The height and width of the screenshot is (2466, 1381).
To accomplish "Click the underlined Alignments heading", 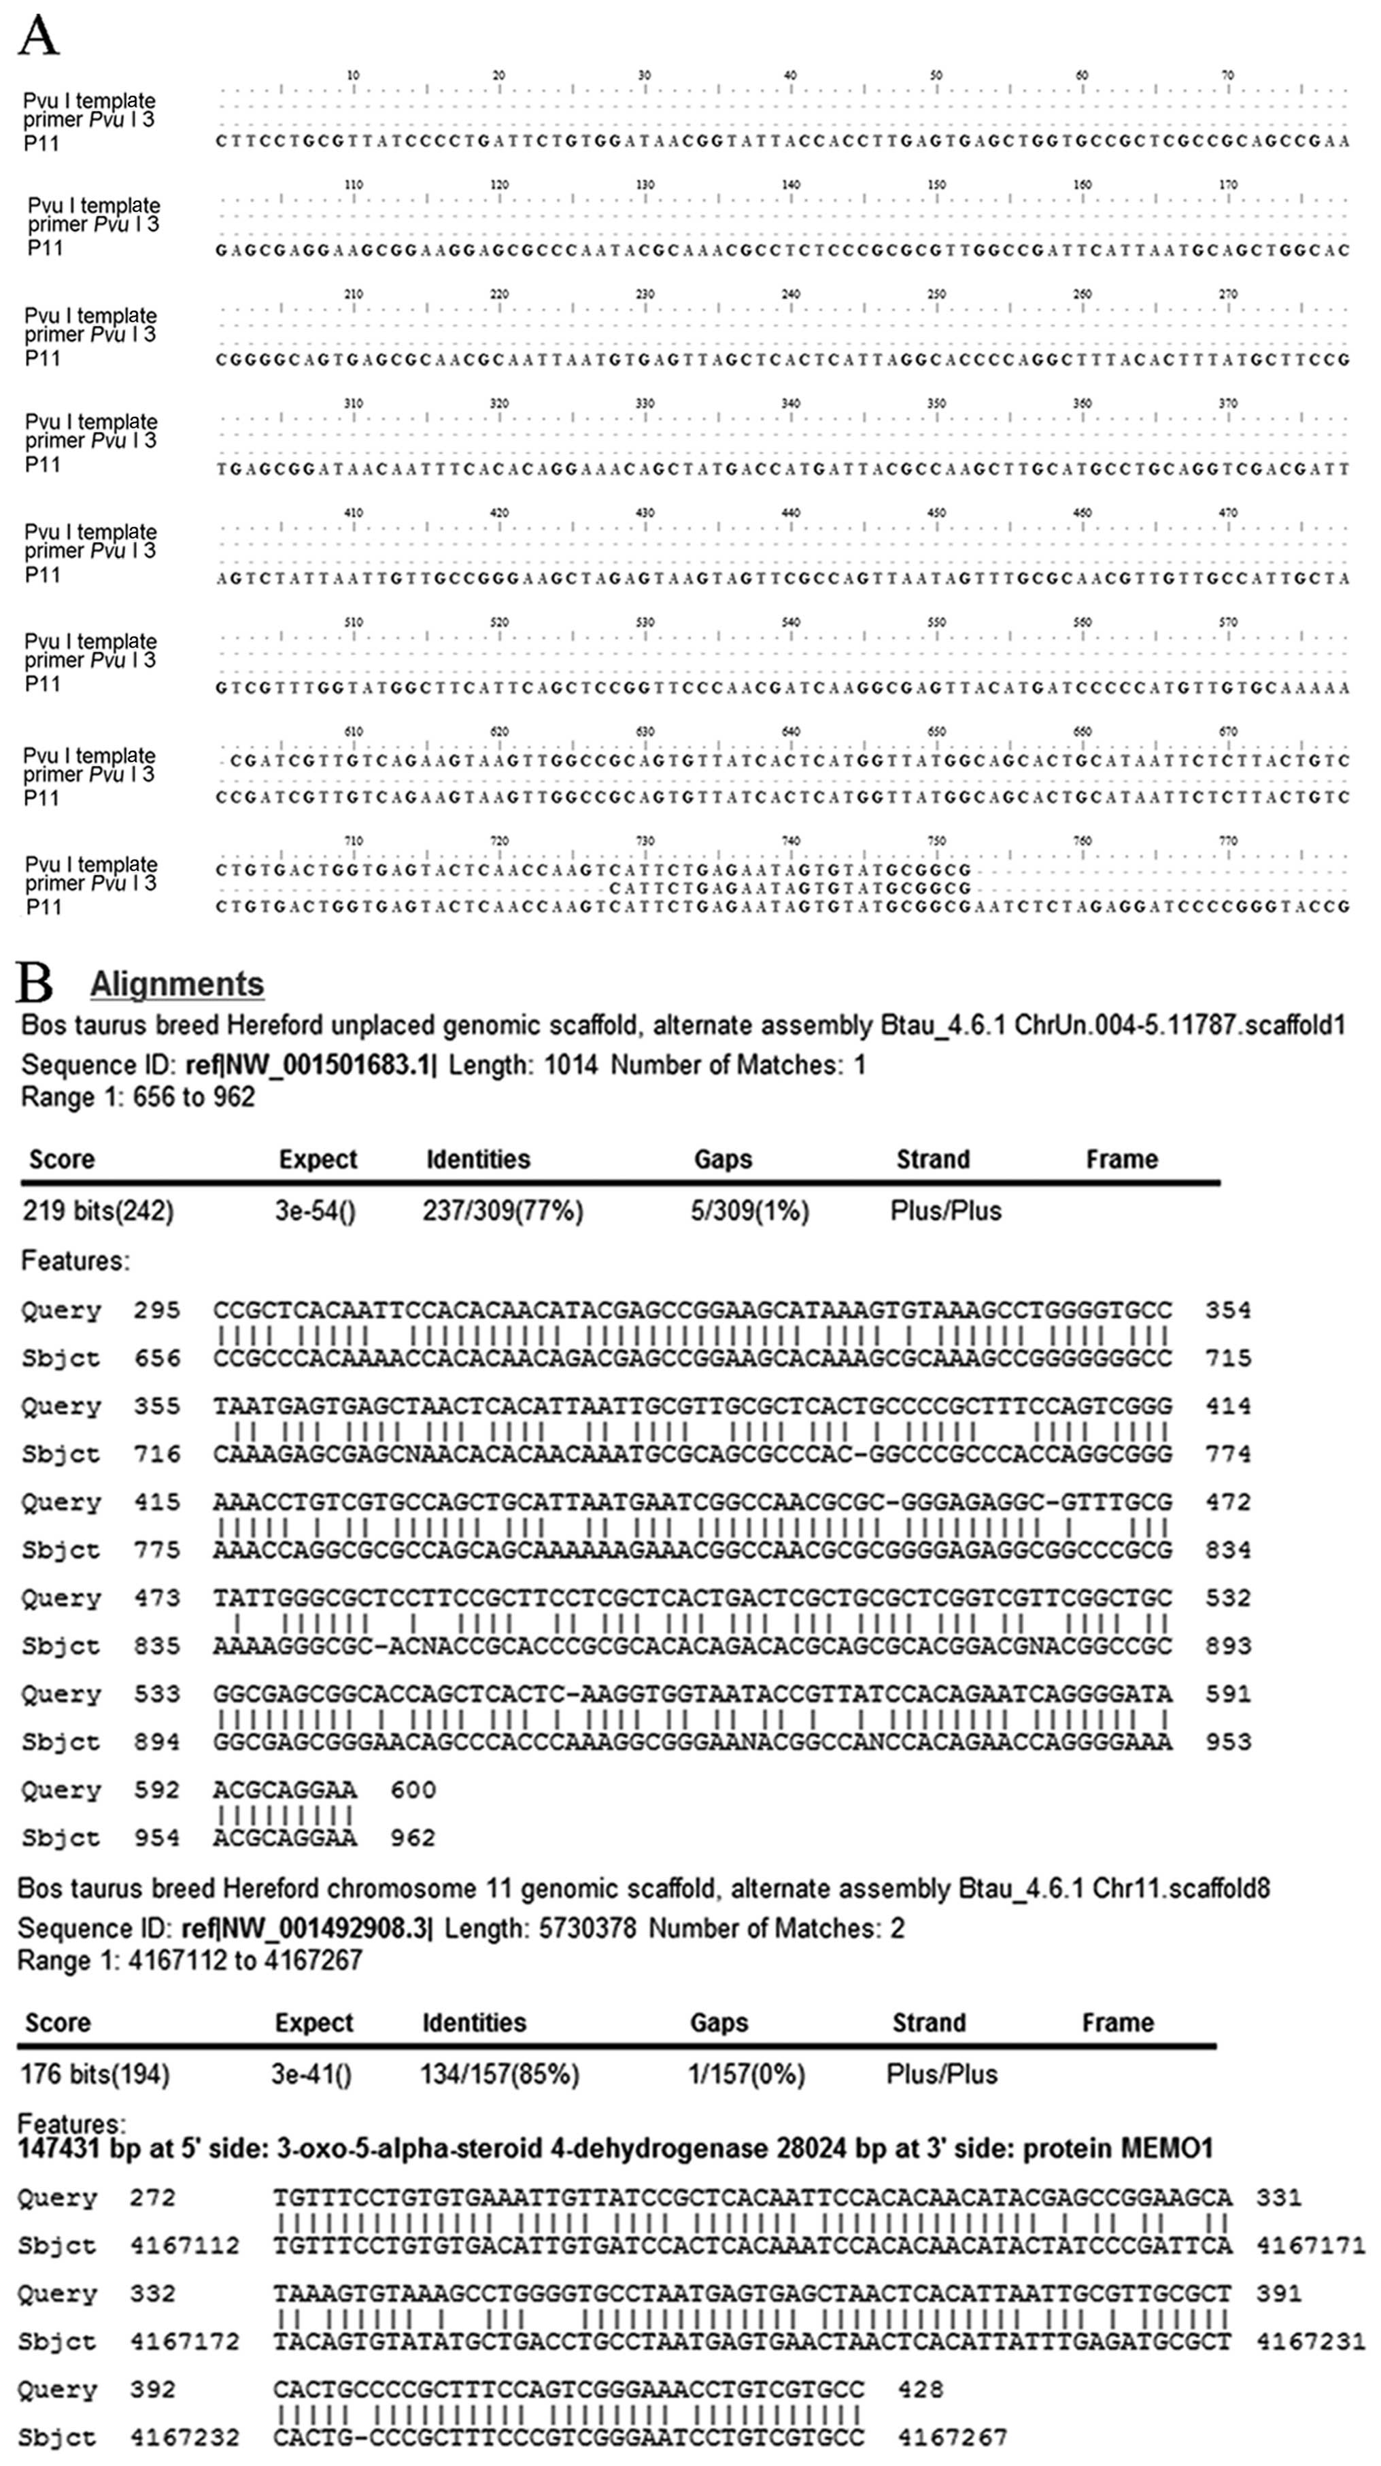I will click(177, 984).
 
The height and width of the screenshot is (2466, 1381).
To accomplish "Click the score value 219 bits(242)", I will click(99, 1211).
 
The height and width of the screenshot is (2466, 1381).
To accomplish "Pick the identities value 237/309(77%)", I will click(502, 1211).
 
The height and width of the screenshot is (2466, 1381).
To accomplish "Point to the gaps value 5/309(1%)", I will click(749, 1211).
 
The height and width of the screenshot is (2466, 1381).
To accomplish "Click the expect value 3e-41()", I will click(313, 2074).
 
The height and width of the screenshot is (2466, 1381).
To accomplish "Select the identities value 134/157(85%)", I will click(500, 2074).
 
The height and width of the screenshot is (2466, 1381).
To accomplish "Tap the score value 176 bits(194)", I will click(95, 2074).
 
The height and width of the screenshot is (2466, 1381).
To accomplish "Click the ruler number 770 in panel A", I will click(1228, 841).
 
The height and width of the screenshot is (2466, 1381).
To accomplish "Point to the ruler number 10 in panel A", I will click(353, 75).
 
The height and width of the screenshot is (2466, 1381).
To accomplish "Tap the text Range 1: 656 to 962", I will click(138, 1097).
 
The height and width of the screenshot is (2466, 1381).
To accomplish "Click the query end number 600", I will click(413, 1790).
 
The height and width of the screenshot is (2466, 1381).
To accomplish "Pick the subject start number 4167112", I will click(185, 2246).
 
